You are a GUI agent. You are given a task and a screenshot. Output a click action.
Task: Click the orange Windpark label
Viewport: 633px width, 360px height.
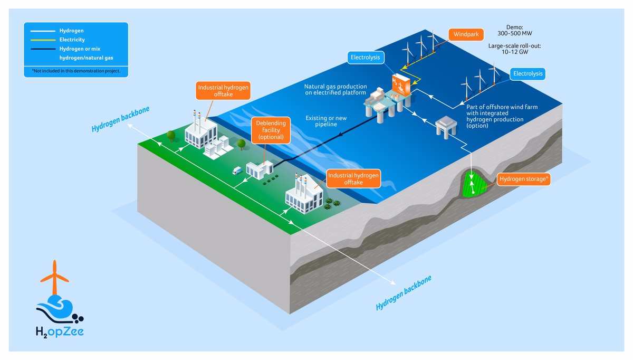coord(466,34)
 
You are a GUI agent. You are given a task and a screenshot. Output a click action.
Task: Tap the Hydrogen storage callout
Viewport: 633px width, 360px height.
coord(524,179)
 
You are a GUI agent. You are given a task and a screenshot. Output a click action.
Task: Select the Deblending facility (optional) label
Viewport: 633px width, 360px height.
coord(271,130)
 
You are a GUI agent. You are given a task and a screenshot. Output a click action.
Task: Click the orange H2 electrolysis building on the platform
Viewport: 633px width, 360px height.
coord(401,84)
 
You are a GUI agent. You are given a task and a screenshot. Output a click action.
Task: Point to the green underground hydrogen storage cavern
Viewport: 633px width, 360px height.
coord(474,184)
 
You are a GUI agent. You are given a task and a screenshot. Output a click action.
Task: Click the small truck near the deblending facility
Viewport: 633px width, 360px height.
coord(237,170)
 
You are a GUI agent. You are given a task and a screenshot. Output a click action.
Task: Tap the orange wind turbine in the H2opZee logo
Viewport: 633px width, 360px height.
coord(54,277)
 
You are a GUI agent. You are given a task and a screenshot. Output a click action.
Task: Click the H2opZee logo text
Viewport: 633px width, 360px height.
coord(60,331)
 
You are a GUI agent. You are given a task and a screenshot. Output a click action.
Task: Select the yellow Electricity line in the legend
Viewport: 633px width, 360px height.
coord(43,40)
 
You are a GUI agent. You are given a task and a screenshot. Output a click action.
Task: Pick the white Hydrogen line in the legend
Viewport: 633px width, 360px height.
coord(43,31)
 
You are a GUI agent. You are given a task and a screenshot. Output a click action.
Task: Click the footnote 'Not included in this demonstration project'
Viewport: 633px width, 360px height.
coord(76,71)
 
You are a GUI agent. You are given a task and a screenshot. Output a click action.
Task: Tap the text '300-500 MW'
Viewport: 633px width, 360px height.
coord(515,33)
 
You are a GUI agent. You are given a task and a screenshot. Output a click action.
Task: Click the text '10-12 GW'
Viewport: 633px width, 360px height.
coord(515,52)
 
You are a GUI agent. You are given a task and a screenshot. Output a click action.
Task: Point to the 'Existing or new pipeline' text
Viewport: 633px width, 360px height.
coord(326,121)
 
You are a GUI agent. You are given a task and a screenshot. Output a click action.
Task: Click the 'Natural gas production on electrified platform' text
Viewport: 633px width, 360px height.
coord(335,89)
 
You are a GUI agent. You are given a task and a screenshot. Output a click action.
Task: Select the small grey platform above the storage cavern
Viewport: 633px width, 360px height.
coord(446,127)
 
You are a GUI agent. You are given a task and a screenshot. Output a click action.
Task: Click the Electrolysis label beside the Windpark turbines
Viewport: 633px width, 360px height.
coord(366,58)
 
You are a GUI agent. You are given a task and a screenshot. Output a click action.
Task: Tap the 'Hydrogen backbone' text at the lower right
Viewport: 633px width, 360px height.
coord(404,292)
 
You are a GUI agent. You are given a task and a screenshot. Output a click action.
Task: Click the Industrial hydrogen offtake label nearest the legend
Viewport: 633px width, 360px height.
coord(223,91)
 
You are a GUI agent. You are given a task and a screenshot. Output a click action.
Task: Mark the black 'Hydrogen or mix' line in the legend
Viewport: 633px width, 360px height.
coord(43,49)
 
